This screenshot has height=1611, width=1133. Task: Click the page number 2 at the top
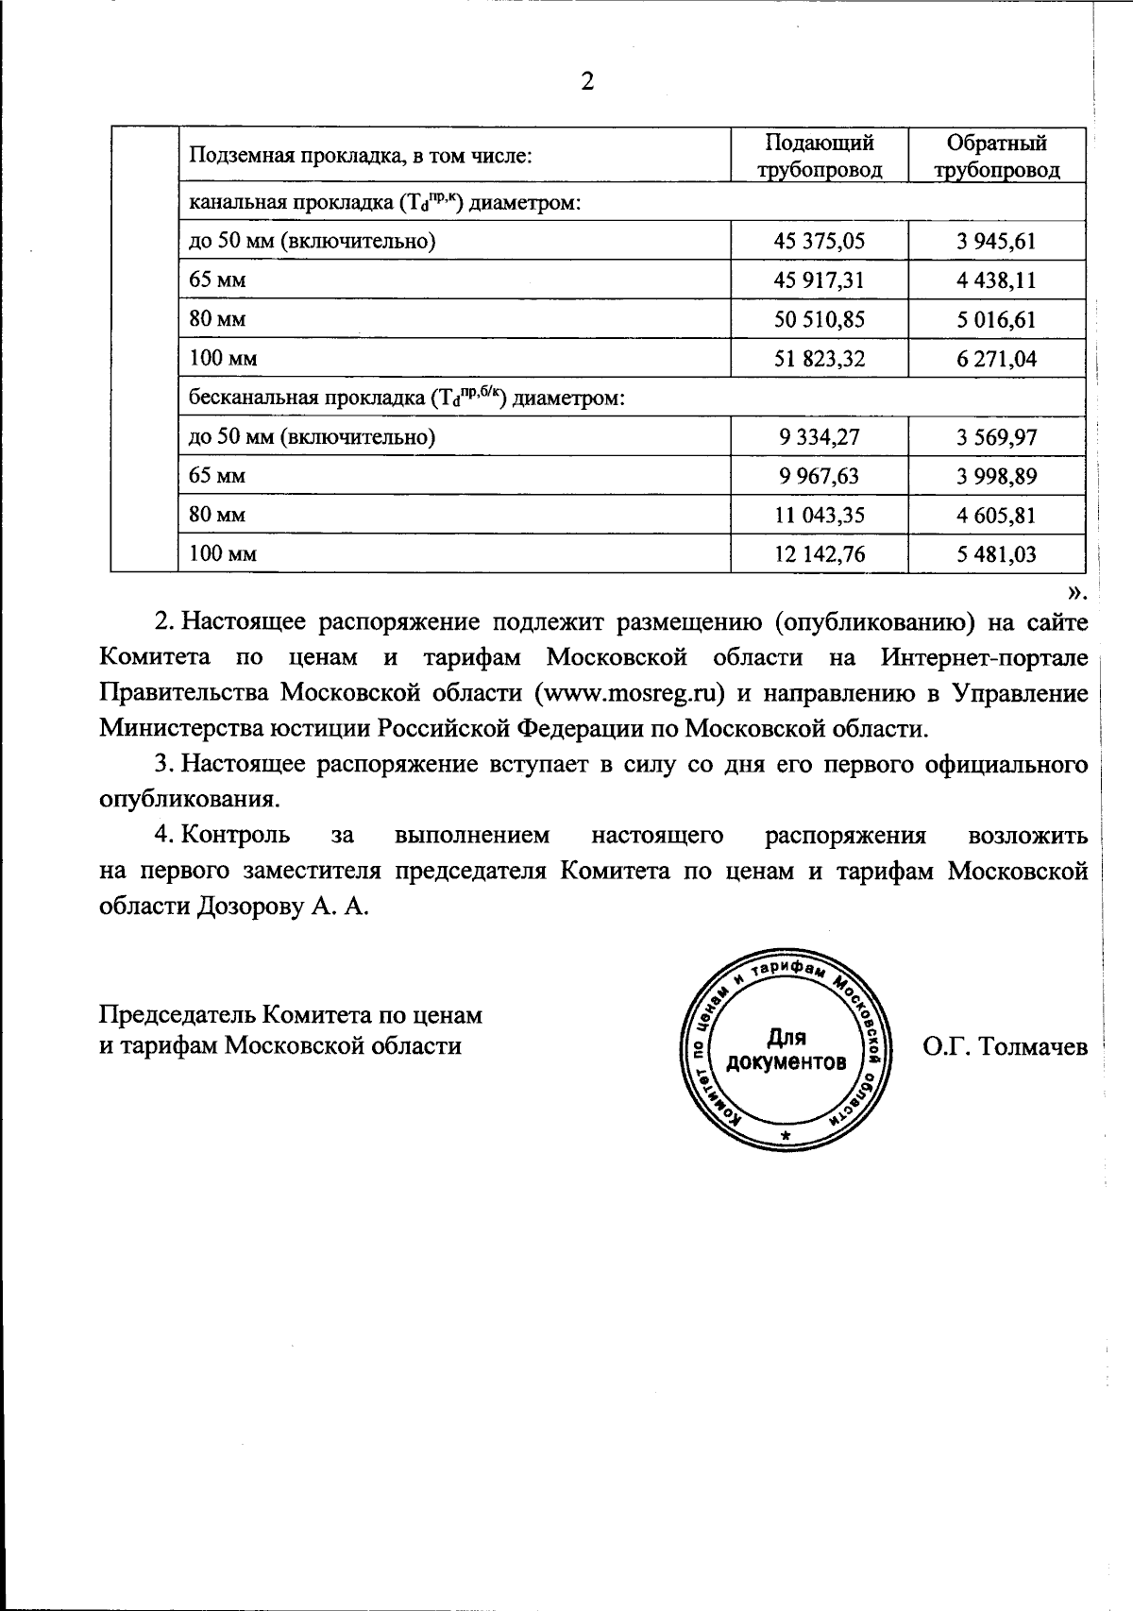[586, 82]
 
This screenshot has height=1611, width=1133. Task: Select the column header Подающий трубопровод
[819, 156]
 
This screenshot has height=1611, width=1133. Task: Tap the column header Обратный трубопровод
[996, 156]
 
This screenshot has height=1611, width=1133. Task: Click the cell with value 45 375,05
[819, 241]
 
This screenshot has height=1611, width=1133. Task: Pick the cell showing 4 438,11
[996, 280]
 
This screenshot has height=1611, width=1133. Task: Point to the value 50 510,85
[819, 319]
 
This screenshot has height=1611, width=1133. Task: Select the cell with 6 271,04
[996, 359]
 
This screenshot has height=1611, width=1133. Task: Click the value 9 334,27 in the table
[819, 436]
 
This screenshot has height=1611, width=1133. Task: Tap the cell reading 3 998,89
[996, 476]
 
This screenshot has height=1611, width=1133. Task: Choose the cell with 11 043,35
[819, 515]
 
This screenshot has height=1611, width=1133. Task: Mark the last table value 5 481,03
[996, 554]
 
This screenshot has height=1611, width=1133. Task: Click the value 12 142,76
[819, 554]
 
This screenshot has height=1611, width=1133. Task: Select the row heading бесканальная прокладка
[407, 398]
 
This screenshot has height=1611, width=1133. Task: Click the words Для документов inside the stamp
[786, 1050]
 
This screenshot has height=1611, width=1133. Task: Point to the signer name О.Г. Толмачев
[1005, 1046]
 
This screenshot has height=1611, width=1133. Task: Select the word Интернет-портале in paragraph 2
[986, 657]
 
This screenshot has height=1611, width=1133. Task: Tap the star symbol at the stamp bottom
[785, 1134]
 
